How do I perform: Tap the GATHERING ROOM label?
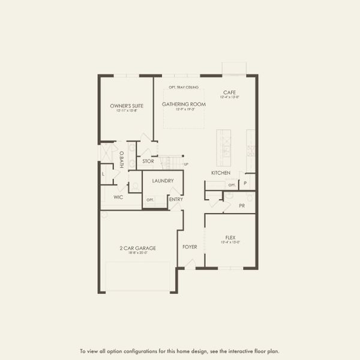click(184, 104)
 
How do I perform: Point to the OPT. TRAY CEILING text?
click(184, 88)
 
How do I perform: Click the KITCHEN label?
click(220, 173)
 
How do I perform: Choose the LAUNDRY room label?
click(163, 181)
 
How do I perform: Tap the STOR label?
click(148, 161)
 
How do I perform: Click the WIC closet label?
click(118, 197)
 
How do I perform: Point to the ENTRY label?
click(176, 199)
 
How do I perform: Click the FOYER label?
click(190, 246)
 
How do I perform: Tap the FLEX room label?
click(230, 238)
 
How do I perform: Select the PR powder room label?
click(242, 205)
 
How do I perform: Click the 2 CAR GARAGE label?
click(138, 248)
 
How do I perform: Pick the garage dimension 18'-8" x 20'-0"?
click(138, 253)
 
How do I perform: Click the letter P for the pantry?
click(245, 183)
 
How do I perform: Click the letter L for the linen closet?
click(103, 174)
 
